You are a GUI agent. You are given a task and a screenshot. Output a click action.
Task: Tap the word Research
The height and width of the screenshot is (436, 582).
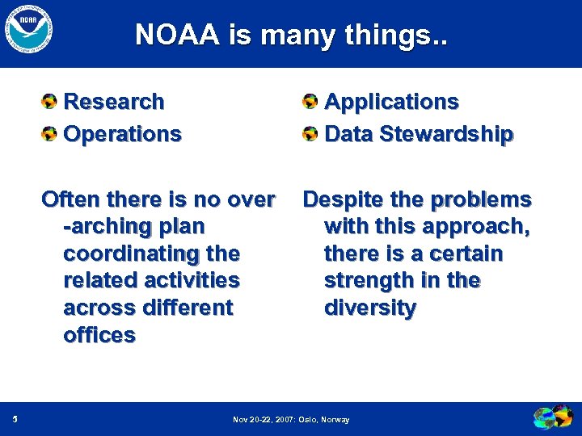pos(113,102)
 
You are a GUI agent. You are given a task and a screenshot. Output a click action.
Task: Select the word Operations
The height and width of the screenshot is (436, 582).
pos(122,134)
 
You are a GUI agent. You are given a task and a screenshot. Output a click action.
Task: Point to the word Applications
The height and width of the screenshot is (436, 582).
pos(391,102)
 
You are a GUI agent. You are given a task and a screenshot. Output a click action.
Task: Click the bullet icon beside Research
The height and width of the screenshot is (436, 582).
pos(50,103)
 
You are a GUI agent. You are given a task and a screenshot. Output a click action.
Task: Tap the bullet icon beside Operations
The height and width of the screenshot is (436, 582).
pos(50,134)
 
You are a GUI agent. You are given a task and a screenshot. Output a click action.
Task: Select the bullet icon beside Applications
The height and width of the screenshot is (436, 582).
pos(310,103)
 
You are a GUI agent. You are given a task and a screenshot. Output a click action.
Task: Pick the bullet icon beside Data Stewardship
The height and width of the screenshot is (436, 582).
pos(310,134)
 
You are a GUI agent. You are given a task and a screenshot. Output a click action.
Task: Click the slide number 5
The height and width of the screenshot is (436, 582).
pos(16,419)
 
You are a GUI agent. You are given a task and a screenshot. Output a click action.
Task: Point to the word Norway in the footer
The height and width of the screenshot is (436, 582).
pos(335,420)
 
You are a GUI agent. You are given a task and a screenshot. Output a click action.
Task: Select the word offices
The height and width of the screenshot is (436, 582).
pos(99,335)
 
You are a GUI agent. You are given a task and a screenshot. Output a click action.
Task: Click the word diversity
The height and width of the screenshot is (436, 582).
pos(370,308)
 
